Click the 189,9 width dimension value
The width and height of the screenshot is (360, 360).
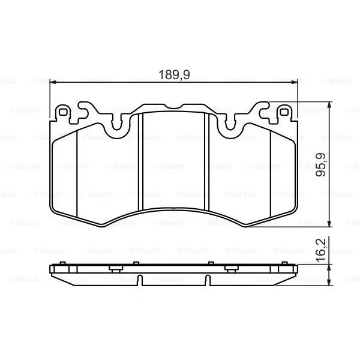click(x=174, y=75)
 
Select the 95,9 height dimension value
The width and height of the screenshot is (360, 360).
click(x=320, y=164)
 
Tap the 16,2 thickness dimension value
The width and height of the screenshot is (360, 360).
click(x=320, y=250)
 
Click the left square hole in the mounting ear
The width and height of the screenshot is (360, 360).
click(x=63, y=112)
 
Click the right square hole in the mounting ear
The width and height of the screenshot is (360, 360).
click(x=284, y=112)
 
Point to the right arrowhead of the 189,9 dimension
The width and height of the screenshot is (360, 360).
click(x=294, y=82)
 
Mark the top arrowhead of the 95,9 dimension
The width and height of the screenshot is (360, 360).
click(x=329, y=106)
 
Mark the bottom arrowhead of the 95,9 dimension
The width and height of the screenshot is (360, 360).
click(x=329, y=223)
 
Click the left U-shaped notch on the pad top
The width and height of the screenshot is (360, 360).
click(x=116, y=125)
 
